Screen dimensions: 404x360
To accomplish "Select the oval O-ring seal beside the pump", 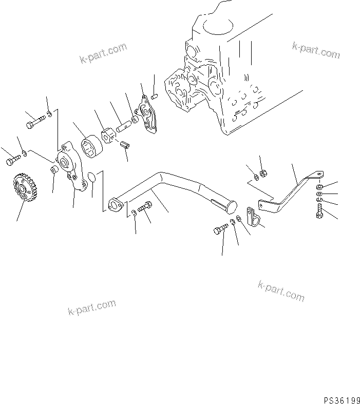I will tap(91, 177).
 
